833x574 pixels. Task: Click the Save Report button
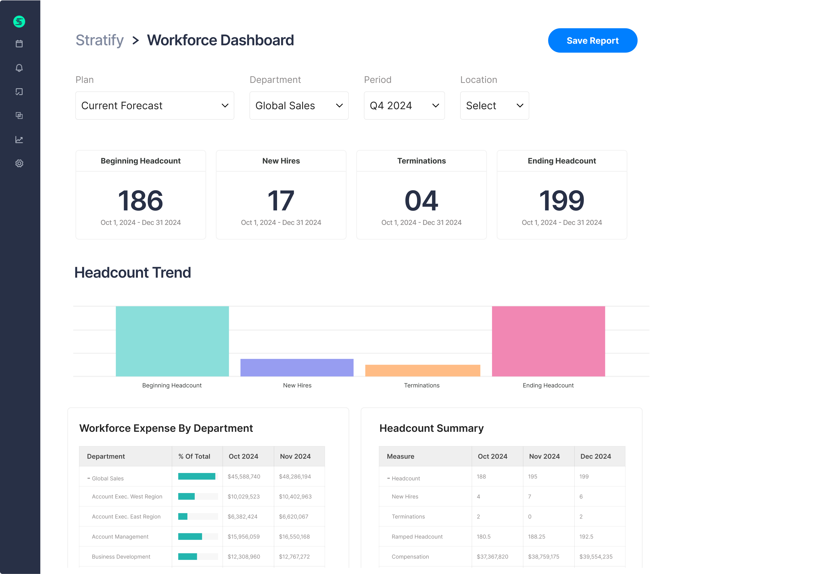(592, 41)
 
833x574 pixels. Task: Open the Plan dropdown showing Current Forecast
(155, 106)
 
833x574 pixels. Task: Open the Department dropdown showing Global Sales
(299, 106)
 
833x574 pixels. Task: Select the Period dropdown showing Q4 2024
(404, 106)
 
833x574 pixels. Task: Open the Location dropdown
(494, 106)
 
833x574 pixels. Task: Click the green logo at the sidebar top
(19, 22)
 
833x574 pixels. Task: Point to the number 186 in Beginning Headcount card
(141, 200)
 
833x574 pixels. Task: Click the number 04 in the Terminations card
(421, 200)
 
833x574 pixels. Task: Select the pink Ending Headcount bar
(548, 341)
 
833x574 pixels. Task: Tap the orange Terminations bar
(422, 371)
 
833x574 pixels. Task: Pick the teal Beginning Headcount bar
(172, 341)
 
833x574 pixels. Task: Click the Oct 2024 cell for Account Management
(244, 537)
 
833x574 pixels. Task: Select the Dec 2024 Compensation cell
(596, 557)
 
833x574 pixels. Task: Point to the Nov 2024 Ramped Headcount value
(536, 537)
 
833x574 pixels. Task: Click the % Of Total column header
(194, 456)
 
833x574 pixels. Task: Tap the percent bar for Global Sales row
(197, 476)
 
